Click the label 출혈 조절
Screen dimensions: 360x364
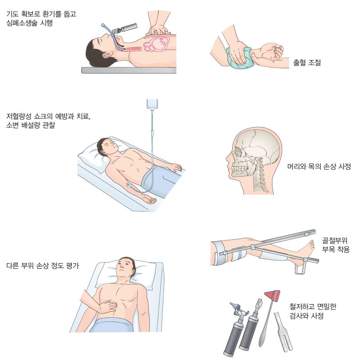click(x=307, y=63)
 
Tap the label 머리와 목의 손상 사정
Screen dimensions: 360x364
click(x=319, y=166)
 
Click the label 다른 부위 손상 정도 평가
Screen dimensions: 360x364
click(x=43, y=266)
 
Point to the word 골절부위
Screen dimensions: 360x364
click(x=335, y=240)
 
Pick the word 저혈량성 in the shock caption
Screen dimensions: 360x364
click(x=19, y=116)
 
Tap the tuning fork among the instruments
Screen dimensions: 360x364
click(x=283, y=332)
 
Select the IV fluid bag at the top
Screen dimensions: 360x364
click(x=152, y=104)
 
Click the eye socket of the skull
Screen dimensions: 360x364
click(x=238, y=152)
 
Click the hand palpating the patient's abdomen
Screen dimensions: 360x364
click(x=106, y=307)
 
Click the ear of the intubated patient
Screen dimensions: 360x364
click(x=107, y=55)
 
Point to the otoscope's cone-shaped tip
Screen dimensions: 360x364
click(x=233, y=306)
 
